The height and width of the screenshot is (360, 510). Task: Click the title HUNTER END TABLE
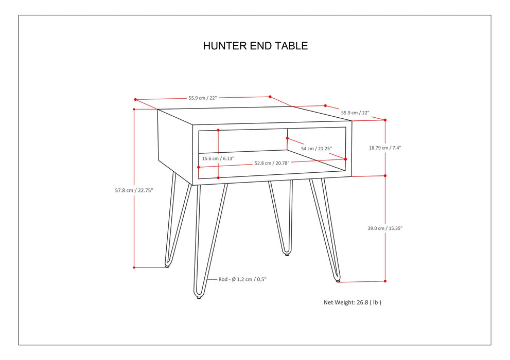[x=255, y=46]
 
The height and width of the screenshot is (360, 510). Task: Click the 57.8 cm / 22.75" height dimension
[x=134, y=190]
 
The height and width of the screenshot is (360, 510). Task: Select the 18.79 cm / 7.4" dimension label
[x=385, y=148]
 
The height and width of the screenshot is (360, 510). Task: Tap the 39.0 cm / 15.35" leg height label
[x=385, y=228]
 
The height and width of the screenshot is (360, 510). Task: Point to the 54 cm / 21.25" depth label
[x=316, y=149]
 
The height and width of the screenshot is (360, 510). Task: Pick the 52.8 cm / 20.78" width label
[x=272, y=163]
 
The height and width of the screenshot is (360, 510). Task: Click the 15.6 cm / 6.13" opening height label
[x=218, y=158]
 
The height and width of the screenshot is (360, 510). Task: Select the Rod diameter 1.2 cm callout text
[x=242, y=279]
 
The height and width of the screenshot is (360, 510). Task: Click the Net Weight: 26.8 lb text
[x=353, y=302]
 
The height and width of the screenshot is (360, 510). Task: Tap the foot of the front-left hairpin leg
[x=199, y=297]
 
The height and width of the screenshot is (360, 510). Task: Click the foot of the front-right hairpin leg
[x=338, y=280]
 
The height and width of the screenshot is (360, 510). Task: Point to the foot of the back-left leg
[x=168, y=266]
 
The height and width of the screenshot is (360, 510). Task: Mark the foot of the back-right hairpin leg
[x=287, y=253]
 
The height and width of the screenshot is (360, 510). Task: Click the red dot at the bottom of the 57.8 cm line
[x=134, y=267]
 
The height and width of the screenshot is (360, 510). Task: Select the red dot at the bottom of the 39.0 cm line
[x=385, y=281]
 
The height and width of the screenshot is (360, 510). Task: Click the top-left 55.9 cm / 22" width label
[x=203, y=98]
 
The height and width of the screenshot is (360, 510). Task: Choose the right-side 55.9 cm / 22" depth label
[x=355, y=112]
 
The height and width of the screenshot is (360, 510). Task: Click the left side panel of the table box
[x=175, y=144]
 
